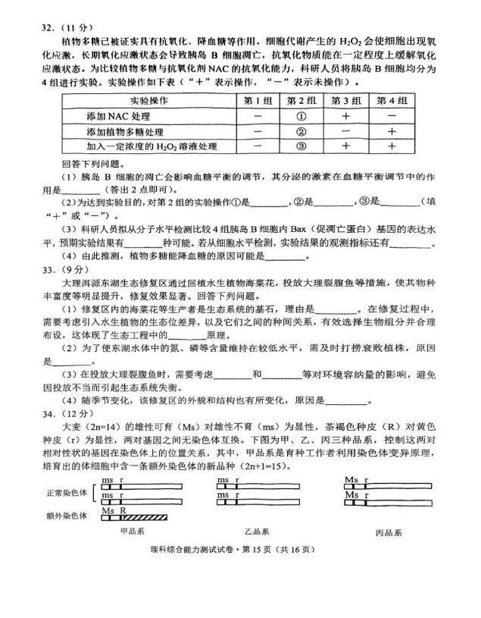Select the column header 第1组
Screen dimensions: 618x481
point(258,101)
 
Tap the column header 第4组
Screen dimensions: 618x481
point(391,101)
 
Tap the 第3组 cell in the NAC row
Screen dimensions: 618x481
point(345,116)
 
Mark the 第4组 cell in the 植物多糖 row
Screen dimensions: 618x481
point(391,131)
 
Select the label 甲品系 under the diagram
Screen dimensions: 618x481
point(137,532)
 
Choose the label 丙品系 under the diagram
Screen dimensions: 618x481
point(391,533)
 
